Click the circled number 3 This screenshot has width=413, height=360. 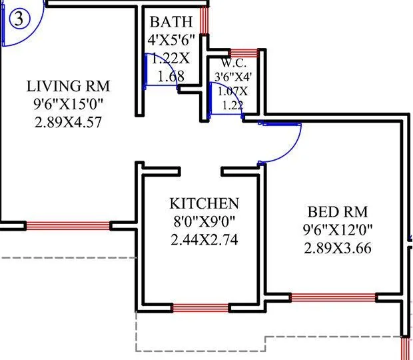20,19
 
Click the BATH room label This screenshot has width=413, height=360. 170,21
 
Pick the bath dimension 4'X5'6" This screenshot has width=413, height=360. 171,40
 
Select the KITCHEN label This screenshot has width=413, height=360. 204,203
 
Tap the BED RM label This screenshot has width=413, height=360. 338,213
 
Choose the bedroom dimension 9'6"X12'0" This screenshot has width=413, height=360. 338,231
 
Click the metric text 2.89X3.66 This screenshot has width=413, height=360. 338,249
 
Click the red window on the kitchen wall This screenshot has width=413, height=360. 201,307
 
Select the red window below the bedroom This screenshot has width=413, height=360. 333,298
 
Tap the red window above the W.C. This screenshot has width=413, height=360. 243,53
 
